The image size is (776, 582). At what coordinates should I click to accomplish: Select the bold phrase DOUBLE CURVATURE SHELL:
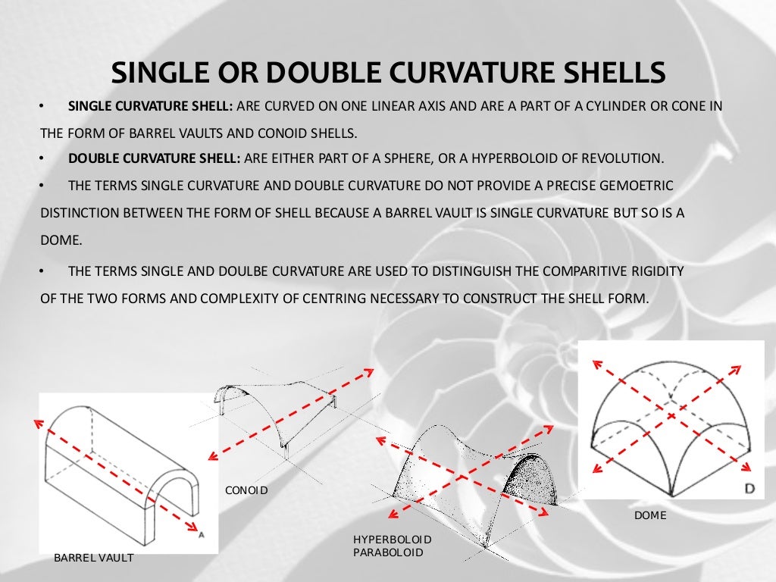click(x=155, y=158)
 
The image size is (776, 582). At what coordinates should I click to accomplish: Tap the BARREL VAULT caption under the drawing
click(x=93, y=559)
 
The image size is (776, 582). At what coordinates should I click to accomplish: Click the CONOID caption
click(x=246, y=490)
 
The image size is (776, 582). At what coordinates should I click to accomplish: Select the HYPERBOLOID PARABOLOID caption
click(x=392, y=546)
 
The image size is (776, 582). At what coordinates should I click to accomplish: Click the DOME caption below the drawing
click(x=649, y=515)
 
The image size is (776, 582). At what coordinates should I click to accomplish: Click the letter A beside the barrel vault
click(x=202, y=534)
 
